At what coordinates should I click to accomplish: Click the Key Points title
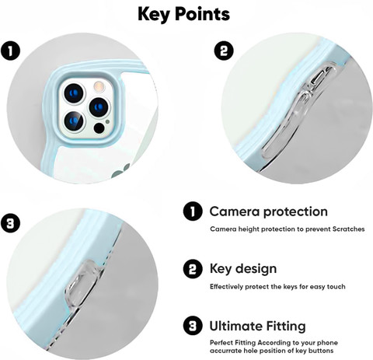click(183, 14)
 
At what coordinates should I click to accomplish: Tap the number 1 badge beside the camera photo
click(10, 51)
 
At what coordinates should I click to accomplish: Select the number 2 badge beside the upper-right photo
click(224, 51)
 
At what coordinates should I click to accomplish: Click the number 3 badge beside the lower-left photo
click(10, 223)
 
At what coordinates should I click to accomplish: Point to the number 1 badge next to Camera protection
click(193, 211)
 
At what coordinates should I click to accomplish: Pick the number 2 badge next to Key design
click(193, 269)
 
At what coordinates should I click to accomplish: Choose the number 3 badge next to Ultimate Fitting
click(193, 326)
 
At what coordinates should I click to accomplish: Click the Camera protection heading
click(269, 212)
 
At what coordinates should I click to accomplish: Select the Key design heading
click(243, 269)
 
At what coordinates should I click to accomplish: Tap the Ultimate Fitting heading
click(257, 327)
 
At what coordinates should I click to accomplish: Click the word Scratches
click(348, 229)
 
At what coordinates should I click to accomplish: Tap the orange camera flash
click(99, 86)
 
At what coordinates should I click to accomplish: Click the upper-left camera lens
click(74, 93)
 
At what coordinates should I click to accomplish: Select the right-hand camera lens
click(99, 107)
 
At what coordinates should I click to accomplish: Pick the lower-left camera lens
click(74, 121)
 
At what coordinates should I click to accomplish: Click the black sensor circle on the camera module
click(99, 128)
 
